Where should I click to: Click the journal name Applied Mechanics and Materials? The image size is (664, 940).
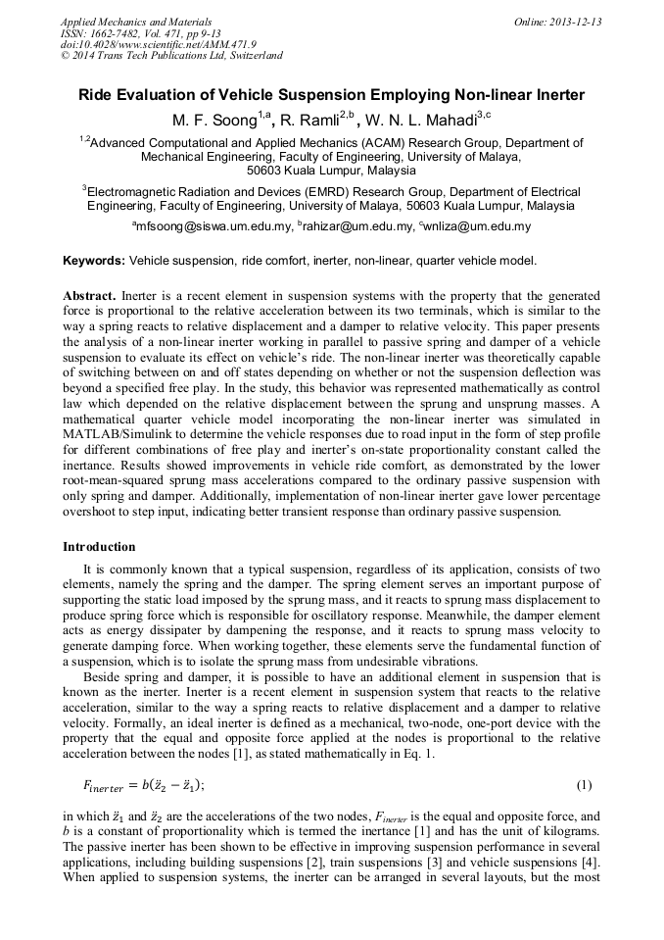click(136, 22)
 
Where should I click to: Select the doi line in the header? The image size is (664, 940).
click(159, 44)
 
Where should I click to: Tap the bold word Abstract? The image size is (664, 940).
click(89, 295)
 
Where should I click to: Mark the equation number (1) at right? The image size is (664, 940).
click(585, 785)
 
